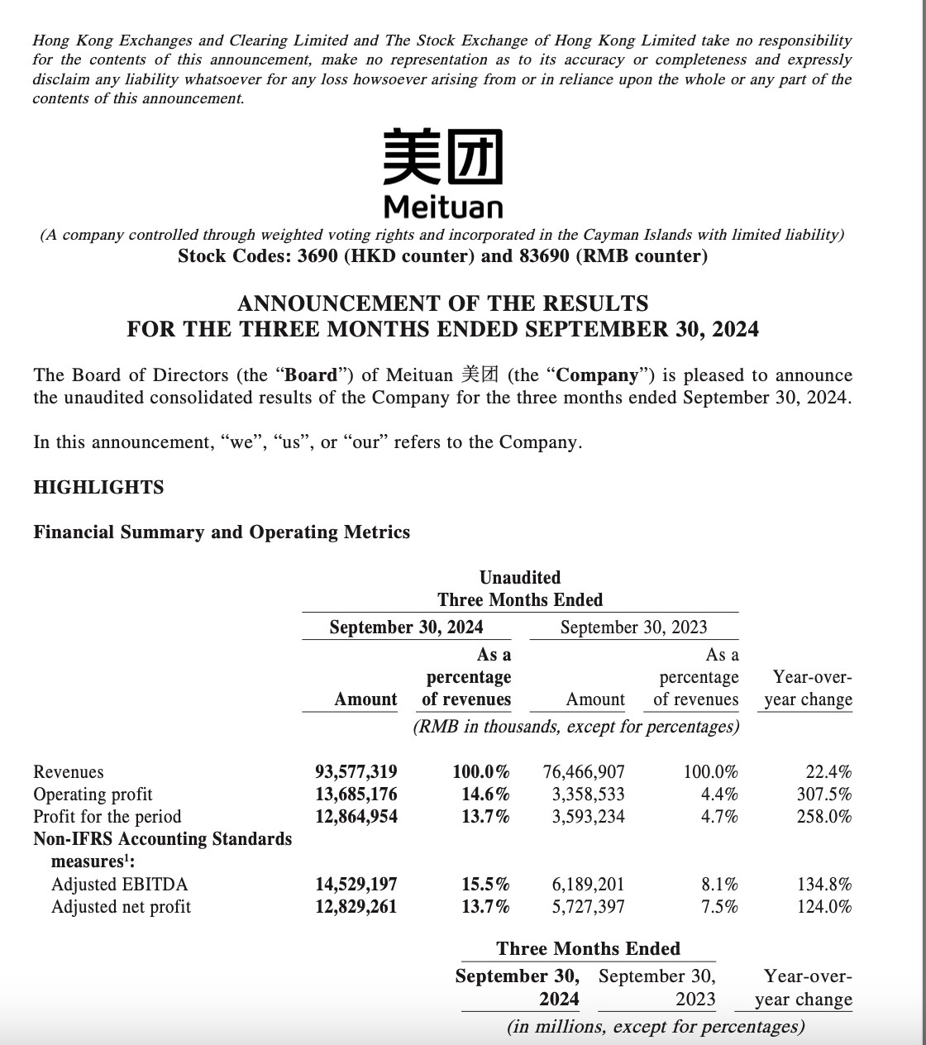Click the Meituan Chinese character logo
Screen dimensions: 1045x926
442,156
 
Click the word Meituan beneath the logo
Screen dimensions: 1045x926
443,205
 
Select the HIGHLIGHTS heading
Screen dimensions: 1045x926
98,488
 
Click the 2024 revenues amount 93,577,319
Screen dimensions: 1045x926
356,772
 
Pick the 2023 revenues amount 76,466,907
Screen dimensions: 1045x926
584,772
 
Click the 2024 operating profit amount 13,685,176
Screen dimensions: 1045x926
356,794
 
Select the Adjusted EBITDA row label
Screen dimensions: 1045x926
119,885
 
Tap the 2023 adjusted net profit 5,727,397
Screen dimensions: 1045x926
588,907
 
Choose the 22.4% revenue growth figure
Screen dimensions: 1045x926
828,772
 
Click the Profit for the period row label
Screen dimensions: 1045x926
107,817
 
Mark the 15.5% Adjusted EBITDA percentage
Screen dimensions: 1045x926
485,885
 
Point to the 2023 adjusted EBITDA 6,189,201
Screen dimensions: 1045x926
588,885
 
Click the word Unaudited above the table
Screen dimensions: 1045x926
520,578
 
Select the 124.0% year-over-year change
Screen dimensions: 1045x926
824,907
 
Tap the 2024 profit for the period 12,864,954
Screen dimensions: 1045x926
356,817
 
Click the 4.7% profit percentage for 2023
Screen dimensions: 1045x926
719,817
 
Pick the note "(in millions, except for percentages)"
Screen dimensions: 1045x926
656,1027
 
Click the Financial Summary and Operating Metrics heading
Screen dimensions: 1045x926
222,532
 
